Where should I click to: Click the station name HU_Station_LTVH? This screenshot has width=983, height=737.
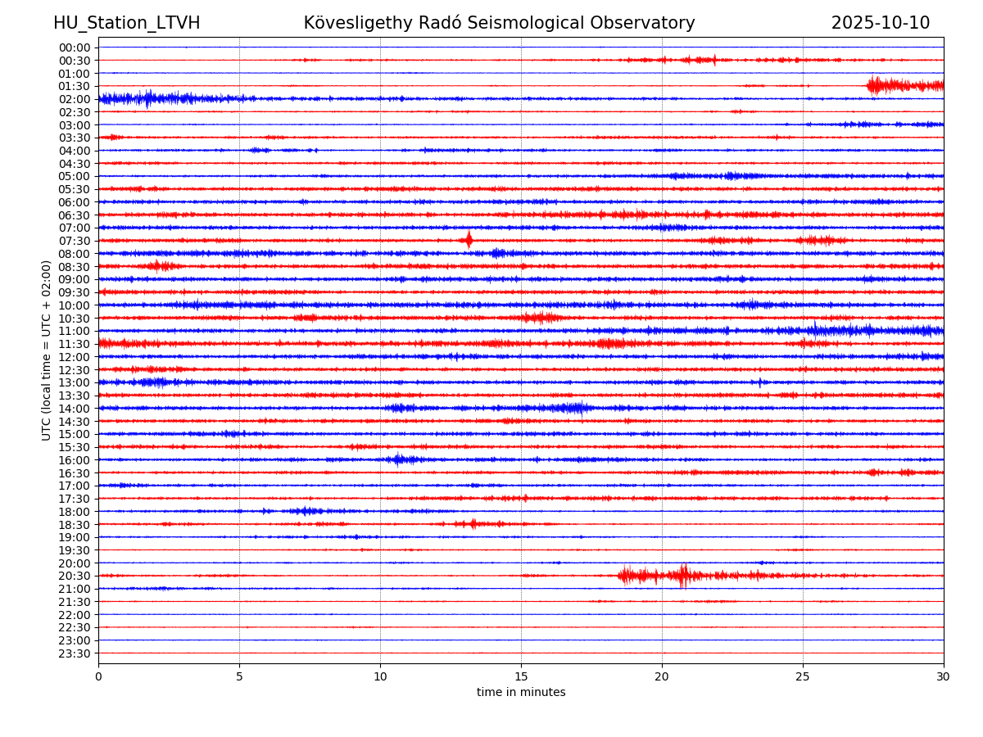(127, 23)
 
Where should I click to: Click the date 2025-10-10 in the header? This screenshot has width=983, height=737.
(881, 23)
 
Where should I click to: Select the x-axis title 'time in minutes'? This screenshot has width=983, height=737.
(521, 693)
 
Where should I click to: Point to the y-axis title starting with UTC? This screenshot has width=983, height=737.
(47, 350)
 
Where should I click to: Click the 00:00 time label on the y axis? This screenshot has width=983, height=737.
(75, 47)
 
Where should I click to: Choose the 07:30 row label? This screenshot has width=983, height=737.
(75, 241)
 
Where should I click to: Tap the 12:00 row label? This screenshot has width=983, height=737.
(75, 357)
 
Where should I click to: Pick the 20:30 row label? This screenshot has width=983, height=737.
(75, 576)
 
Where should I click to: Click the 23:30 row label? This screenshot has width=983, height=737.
(75, 653)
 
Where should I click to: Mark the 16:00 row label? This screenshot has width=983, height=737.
(75, 460)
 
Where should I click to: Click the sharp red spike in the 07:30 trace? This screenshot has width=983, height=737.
(469, 240)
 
